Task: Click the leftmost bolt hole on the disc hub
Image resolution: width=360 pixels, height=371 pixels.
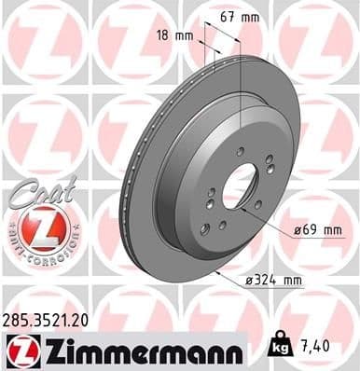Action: (210, 194)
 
